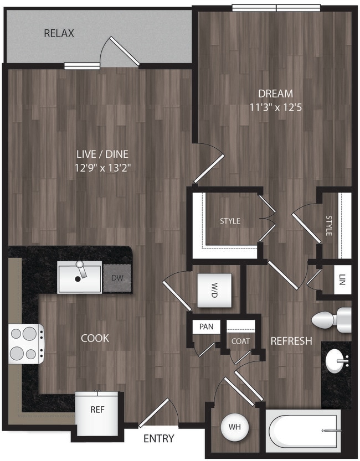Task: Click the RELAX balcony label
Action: (x=59, y=34)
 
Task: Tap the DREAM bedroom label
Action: (x=275, y=94)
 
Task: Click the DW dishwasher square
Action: (x=117, y=278)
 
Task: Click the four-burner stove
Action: (x=25, y=344)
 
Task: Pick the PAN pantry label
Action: (x=206, y=327)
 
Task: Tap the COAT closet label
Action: (x=240, y=341)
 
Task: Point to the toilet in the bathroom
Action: (x=330, y=320)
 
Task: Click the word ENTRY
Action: (x=159, y=439)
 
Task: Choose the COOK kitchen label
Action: (x=95, y=338)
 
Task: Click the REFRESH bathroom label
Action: (x=291, y=341)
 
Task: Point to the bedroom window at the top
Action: (x=276, y=8)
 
